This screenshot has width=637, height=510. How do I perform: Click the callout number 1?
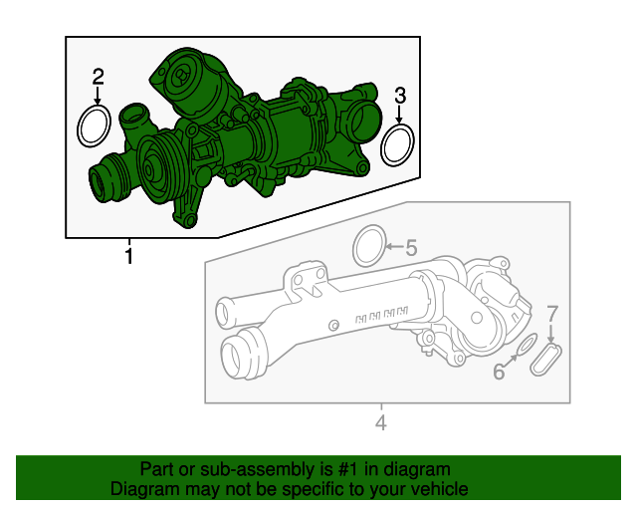coord(128,258)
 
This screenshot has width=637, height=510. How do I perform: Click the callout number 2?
coord(98,77)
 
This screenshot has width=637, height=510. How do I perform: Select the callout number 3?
coord(400,96)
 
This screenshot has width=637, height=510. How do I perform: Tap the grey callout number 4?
coord(380,425)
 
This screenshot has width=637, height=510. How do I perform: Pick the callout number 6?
coord(499,373)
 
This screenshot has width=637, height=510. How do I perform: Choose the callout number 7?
coord(552,314)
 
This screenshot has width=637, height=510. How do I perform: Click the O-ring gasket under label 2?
coord(95,127)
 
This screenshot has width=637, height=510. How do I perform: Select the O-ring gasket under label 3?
coord(399,144)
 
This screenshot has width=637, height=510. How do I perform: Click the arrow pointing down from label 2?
coord(98,97)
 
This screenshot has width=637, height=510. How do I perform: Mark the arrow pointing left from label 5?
coord(391,246)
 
